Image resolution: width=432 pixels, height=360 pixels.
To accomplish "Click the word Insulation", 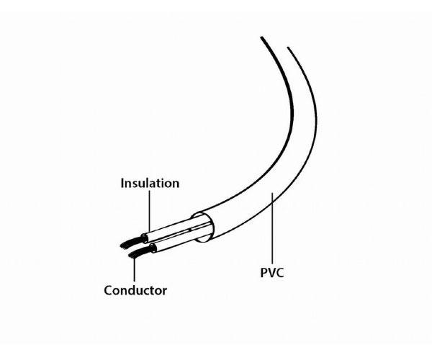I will coord(149,184).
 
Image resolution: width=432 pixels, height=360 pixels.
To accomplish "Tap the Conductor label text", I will coord(135,291).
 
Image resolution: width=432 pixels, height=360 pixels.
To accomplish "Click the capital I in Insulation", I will coord(122,184).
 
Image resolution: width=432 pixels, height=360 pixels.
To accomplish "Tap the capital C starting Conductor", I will coord(109,291).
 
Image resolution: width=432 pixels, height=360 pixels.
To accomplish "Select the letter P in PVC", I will coord(263,274).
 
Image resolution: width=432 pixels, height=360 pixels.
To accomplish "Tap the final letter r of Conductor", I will coord(165,292).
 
